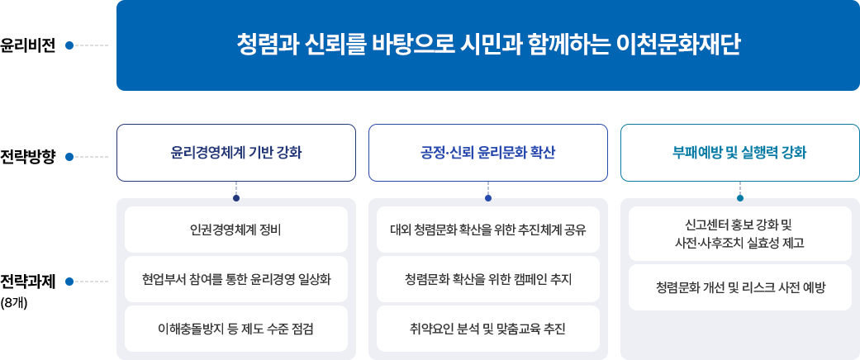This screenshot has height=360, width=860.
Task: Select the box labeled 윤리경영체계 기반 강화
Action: (236, 153)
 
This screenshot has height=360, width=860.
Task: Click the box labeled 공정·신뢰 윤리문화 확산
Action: (488, 153)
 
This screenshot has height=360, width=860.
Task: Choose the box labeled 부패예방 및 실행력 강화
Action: (739, 153)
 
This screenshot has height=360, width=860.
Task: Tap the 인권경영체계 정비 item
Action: (236, 229)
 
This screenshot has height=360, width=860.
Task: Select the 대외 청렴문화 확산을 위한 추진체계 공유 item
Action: (488, 229)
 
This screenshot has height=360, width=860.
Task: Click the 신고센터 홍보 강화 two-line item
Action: (739, 234)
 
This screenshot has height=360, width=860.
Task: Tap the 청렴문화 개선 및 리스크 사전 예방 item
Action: (739, 287)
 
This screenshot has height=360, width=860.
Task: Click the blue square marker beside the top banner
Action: (69, 45)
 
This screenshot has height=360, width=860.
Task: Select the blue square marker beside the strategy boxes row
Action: (69, 155)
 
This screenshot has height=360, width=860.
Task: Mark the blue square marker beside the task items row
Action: (69, 282)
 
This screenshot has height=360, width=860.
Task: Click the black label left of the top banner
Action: (27, 45)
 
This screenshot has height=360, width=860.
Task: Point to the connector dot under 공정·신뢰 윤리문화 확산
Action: (488, 197)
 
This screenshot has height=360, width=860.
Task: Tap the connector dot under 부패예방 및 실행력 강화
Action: (739, 197)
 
